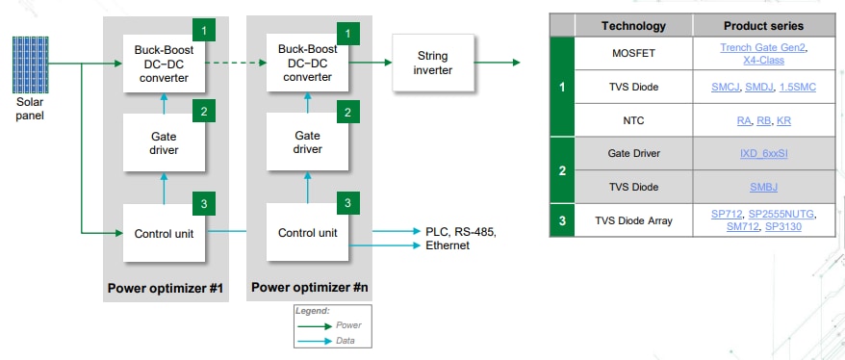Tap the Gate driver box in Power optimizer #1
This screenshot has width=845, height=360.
pyautogui.click(x=164, y=142)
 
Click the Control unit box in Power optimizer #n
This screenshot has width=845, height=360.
pyautogui.click(x=308, y=233)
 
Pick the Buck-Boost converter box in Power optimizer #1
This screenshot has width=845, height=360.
pyautogui.click(x=164, y=64)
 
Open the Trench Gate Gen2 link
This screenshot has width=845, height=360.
pyautogui.click(x=763, y=47)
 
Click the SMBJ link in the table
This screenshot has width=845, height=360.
pyautogui.click(x=763, y=187)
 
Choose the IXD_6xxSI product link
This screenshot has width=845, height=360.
pyautogui.click(x=763, y=152)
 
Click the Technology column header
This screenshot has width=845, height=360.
pyautogui.click(x=632, y=25)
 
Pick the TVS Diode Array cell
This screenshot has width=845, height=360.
pyautogui.click(x=632, y=221)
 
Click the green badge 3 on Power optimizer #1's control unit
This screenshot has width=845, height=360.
pyautogui.click(x=203, y=203)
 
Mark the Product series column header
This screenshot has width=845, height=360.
pyautogui.click(x=763, y=25)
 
